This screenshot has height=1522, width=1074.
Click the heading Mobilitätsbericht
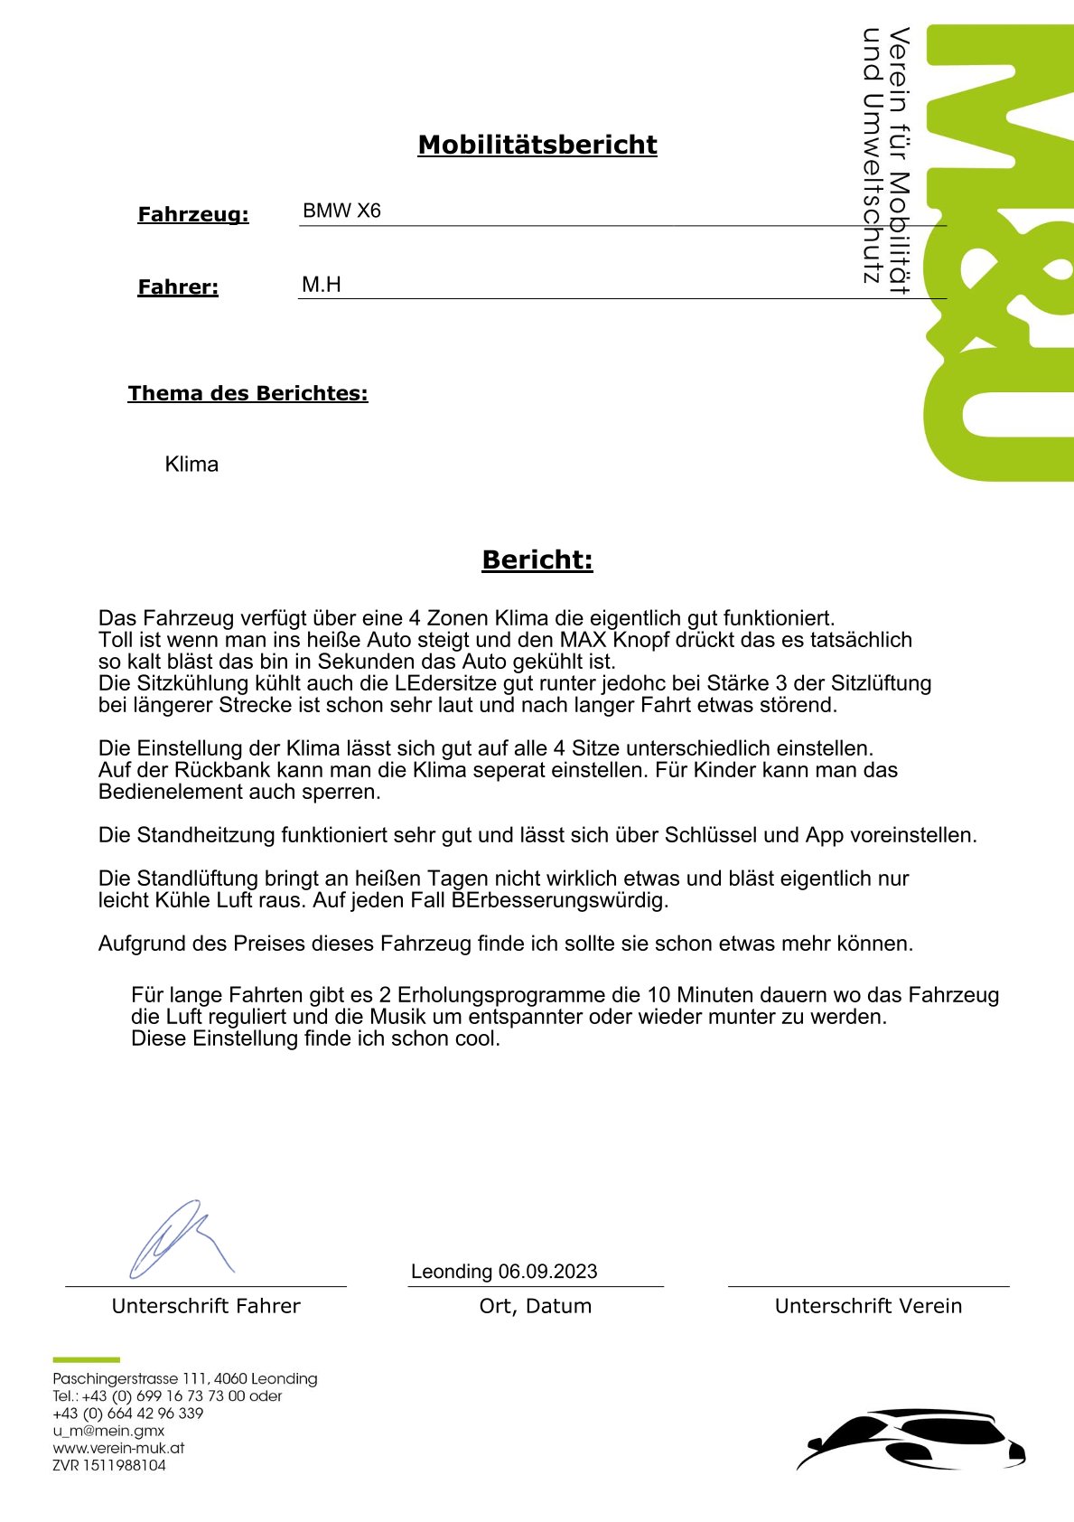(537, 145)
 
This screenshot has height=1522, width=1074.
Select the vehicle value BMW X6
(341, 211)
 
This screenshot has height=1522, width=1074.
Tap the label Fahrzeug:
(192, 215)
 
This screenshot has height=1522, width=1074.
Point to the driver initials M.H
(321, 285)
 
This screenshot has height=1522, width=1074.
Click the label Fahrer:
(178, 287)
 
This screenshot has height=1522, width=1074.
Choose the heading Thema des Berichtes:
(247, 393)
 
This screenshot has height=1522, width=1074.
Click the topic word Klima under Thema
(191, 465)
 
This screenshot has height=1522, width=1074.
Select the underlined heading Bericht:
(537, 560)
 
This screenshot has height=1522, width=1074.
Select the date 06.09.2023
(547, 1272)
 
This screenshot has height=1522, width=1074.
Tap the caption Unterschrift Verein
(868, 1306)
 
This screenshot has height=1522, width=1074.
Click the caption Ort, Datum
(535, 1306)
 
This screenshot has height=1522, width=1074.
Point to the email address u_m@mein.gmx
(108, 1431)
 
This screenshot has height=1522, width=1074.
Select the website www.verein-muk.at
(118, 1448)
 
